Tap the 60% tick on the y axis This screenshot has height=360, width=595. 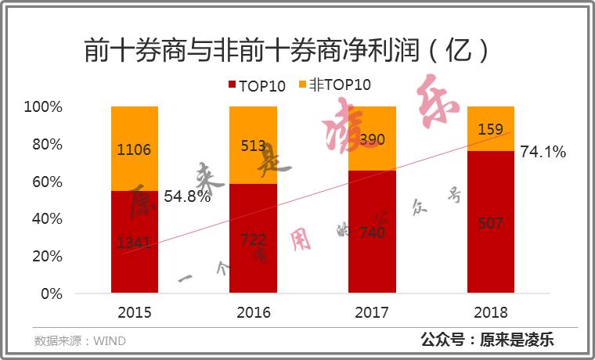[x=47, y=182]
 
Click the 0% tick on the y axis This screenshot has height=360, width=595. [x=51, y=294]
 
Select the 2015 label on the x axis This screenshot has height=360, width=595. [x=135, y=313]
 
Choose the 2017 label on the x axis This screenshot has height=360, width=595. [x=373, y=313]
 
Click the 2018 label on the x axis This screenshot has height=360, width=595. [x=491, y=313]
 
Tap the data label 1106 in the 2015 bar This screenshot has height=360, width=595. [x=134, y=149]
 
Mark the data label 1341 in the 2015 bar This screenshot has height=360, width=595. [x=134, y=243]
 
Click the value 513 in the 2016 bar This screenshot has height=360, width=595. [x=253, y=146]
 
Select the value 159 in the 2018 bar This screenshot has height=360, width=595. [x=490, y=129]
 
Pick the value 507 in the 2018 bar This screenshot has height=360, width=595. [x=490, y=223]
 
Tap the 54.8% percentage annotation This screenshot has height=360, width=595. [x=187, y=196]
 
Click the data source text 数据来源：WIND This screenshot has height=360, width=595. [x=80, y=341]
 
